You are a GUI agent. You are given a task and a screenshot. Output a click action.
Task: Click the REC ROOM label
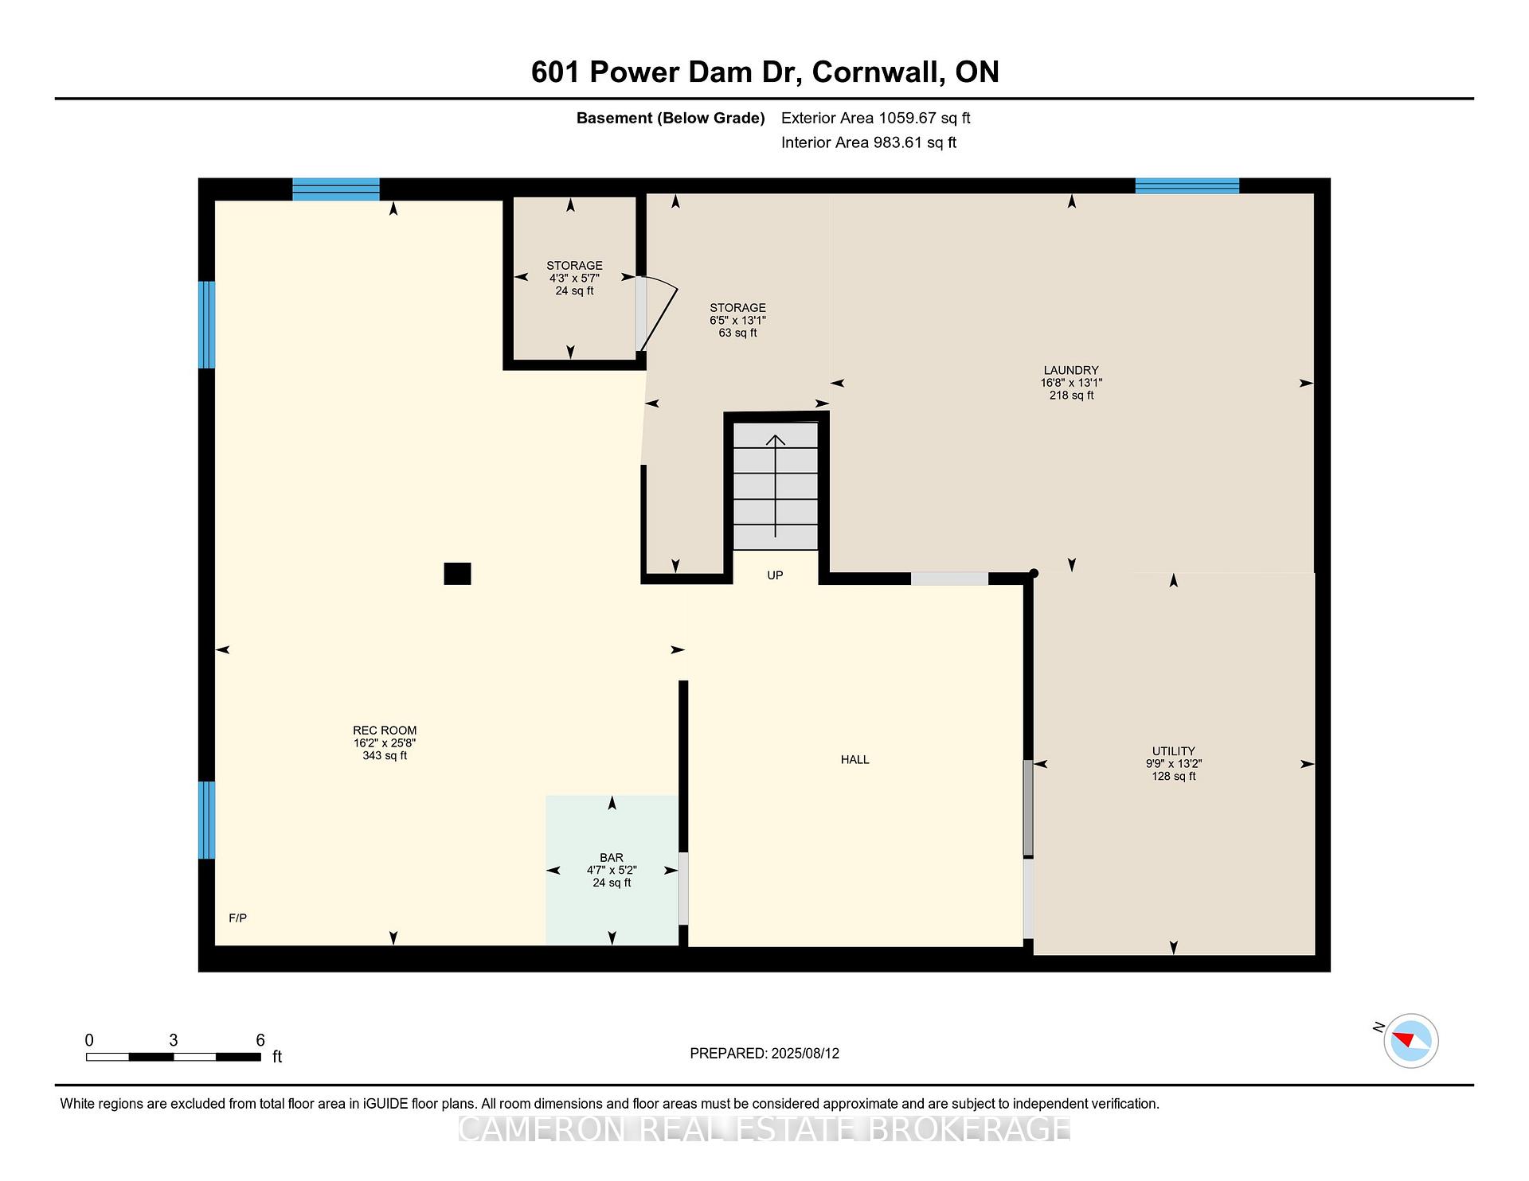click(385, 731)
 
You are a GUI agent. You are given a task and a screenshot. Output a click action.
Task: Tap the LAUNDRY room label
click(1071, 370)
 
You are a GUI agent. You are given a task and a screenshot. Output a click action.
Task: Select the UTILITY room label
click(1174, 751)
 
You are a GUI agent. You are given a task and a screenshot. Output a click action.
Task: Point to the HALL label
click(855, 760)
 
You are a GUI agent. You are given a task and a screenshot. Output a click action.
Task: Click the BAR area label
click(612, 858)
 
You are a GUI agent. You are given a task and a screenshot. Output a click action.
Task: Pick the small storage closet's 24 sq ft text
click(574, 291)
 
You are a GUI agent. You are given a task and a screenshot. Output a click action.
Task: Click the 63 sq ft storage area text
click(738, 333)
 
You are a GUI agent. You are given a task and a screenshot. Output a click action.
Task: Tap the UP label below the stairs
click(775, 575)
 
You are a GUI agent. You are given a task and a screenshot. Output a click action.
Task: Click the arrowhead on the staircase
click(775, 439)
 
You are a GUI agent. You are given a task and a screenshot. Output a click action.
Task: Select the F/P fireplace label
click(238, 918)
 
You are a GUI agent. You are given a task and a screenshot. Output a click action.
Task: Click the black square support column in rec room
click(457, 574)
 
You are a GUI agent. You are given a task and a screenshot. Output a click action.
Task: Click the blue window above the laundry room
click(1187, 186)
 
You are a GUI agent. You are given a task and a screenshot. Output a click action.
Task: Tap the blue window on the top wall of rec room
click(335, 189)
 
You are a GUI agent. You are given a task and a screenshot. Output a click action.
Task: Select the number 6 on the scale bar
click(260, 1040)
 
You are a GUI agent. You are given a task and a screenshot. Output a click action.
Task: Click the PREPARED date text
click(764, 1054)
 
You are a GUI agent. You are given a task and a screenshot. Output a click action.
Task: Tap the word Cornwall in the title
click(876, 72)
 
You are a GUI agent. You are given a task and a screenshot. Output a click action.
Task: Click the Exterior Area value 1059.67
click(905, 119)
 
